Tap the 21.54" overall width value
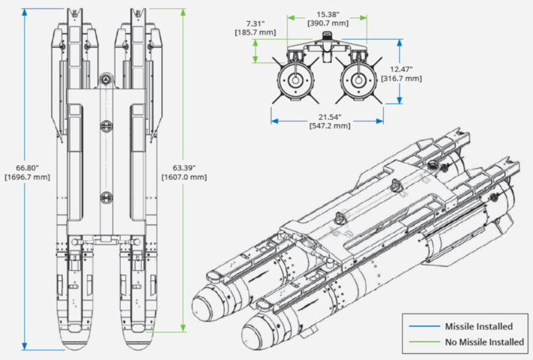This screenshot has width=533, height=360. [328, 116]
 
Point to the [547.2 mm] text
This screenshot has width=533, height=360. [328, 126]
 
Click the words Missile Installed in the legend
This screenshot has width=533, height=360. [478, 326]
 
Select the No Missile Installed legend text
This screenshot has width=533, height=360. [484, 342]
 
